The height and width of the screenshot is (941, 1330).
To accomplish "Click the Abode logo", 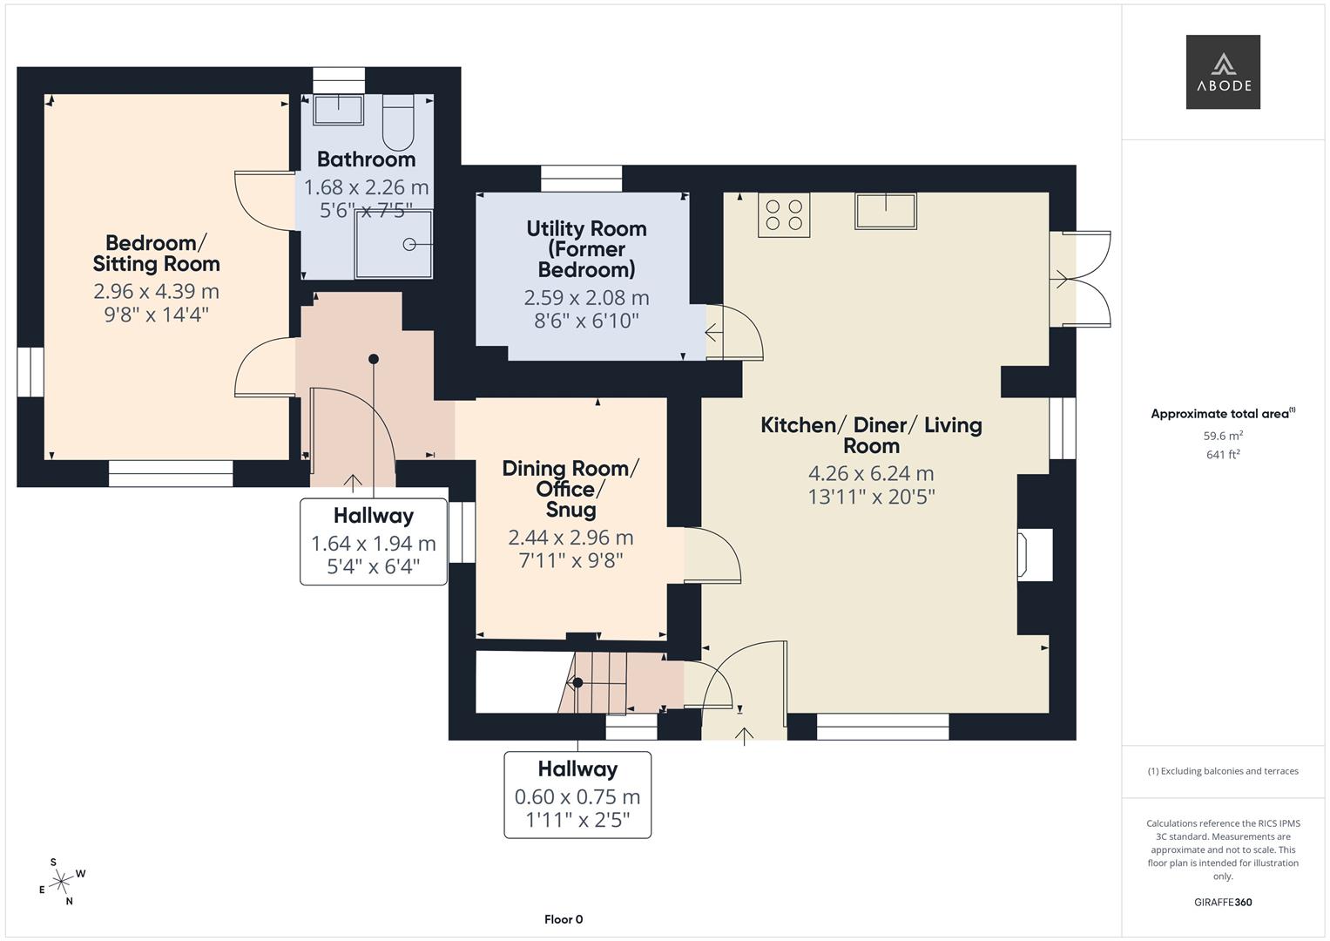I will coord(1222,71).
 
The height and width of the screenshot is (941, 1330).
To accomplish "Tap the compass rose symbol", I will coord(61,883).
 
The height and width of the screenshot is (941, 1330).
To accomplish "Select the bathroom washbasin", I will coord(338,110).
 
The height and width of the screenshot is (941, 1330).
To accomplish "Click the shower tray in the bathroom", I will coord(393,244).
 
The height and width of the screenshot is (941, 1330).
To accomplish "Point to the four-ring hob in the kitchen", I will coord(783,215).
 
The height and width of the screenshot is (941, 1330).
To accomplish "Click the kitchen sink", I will coord(885,211).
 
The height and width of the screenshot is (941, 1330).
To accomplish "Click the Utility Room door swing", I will coord(734,333).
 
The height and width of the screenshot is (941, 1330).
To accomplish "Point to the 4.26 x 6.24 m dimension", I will coord(871,474).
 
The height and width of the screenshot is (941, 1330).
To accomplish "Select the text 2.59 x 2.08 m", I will coord(586,298).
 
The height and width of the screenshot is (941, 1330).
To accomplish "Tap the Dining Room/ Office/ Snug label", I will coord(570,489).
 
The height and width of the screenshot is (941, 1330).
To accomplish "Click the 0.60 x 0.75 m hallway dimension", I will coord(577,796).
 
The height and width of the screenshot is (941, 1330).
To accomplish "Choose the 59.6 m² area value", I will coord(1223,436).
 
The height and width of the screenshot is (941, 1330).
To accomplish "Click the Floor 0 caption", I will coord(563,919).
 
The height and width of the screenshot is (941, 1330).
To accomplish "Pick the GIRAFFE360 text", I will coord(1222,902).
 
